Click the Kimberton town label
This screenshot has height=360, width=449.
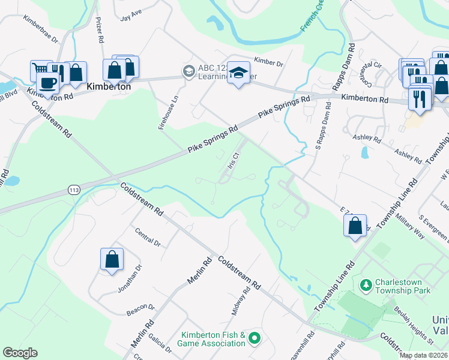[109, 86]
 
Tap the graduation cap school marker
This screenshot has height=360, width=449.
[238, 73]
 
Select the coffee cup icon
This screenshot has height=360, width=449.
[47, 83]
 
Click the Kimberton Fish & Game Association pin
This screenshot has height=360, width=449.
[254, 339]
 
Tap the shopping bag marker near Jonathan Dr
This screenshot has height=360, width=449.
[112, 260]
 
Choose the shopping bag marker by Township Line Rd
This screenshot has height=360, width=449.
[355, 226]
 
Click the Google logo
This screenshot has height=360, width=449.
[20, 352]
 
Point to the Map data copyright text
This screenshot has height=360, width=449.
[423, 355]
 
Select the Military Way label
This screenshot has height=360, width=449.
[408, 227]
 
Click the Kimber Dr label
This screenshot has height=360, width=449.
[268, 61]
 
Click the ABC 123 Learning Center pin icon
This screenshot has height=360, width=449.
[188, 71]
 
